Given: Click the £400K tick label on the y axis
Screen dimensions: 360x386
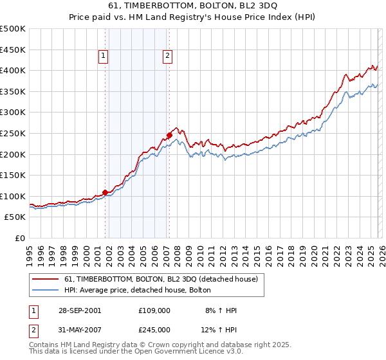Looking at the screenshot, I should point(12,70).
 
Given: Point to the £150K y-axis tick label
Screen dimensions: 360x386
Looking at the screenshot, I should point(12,175).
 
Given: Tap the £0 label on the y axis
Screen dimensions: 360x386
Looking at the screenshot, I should point(19,238).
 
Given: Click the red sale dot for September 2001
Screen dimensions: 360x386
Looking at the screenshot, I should point(105,192).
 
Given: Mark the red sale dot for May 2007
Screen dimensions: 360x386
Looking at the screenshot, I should point(169,135).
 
